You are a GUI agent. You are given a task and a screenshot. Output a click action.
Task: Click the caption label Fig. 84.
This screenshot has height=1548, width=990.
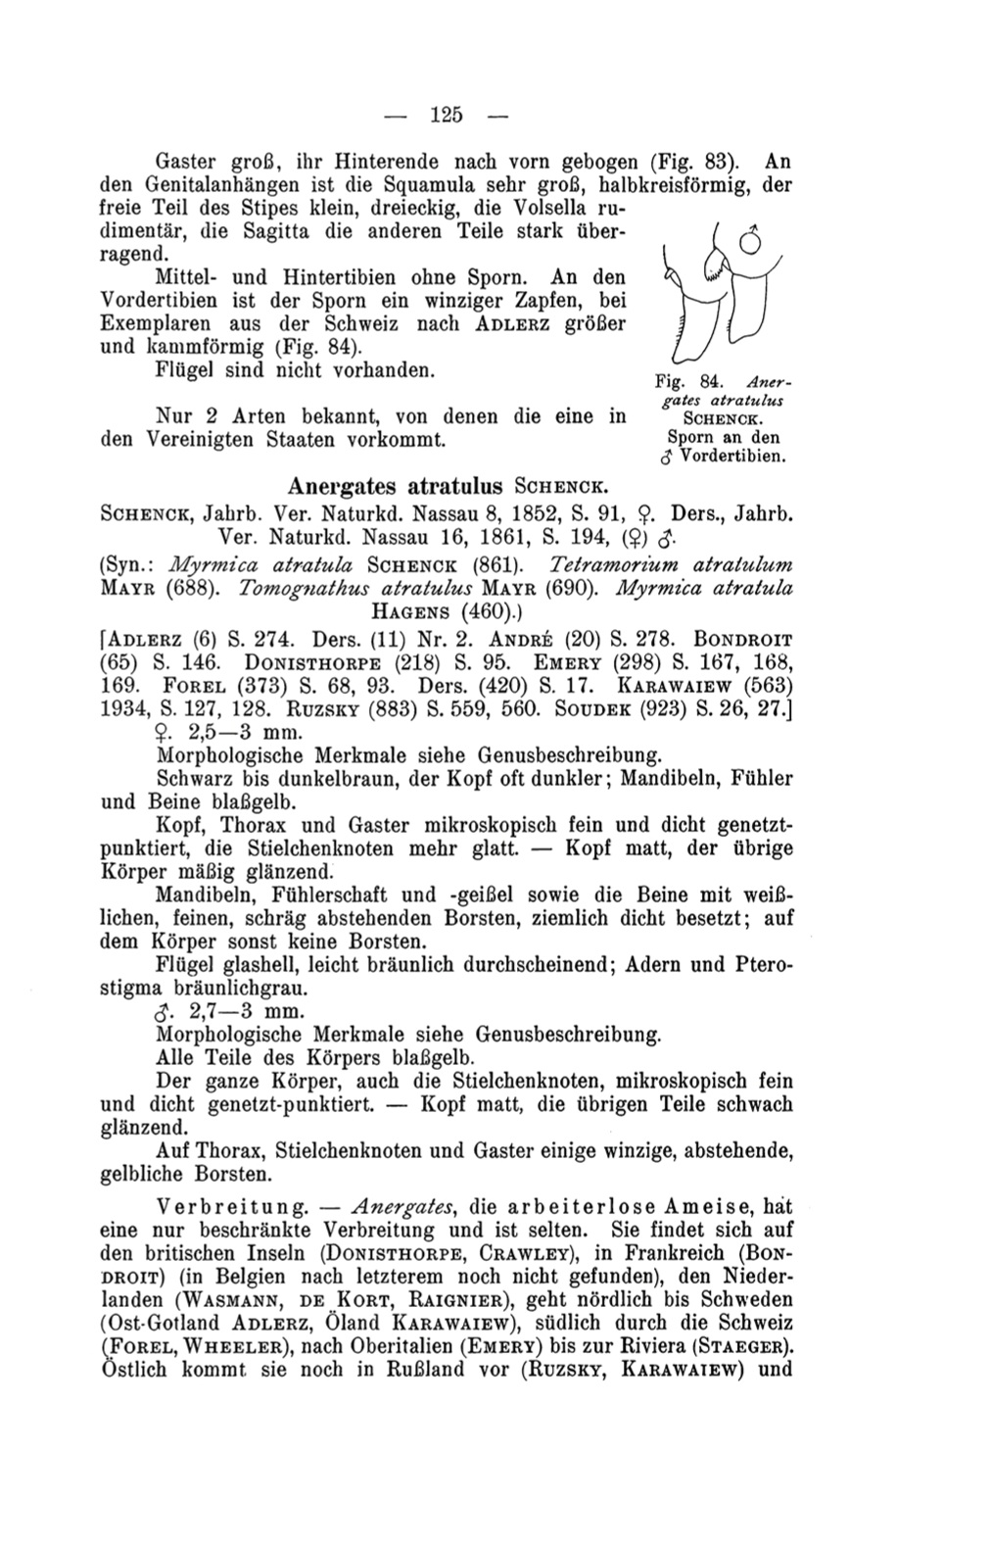[677, 383]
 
